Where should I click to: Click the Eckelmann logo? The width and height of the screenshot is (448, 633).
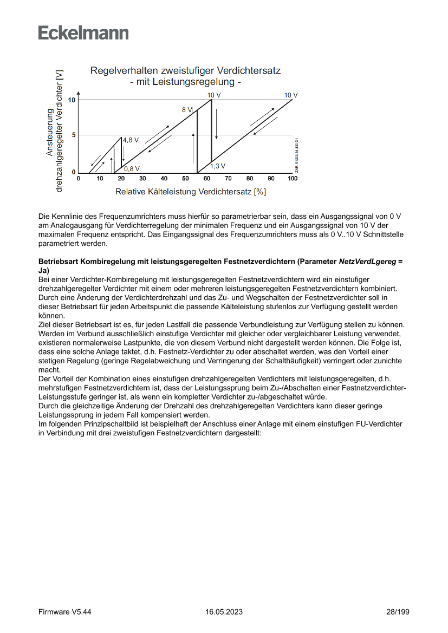(83, 33)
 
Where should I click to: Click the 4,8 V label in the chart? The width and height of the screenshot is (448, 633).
(131, 140)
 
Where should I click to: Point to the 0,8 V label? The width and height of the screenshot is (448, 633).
(132, 168)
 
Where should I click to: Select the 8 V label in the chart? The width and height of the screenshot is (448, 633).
(187, 109)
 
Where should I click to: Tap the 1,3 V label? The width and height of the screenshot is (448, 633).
(218, 166)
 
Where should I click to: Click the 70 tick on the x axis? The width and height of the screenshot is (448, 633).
(229, 178)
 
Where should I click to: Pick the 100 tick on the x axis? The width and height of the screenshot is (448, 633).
(293, 178)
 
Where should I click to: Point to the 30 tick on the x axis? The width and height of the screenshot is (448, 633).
(142, 178)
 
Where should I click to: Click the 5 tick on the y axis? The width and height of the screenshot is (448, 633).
(74, 135)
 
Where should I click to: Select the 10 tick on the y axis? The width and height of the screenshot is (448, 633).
(72, 100)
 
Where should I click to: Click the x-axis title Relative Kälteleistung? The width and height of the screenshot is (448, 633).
(190, 192)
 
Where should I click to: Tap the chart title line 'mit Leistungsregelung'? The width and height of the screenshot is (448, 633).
(185, 82)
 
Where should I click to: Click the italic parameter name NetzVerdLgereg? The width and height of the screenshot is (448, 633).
(367, 261)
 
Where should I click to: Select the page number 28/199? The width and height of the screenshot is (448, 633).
(398, 612)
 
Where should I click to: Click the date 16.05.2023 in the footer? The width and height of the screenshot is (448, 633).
(224, 612)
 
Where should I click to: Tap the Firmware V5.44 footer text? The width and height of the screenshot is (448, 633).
(65, 612)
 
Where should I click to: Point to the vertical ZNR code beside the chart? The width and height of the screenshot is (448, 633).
(297, 155)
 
